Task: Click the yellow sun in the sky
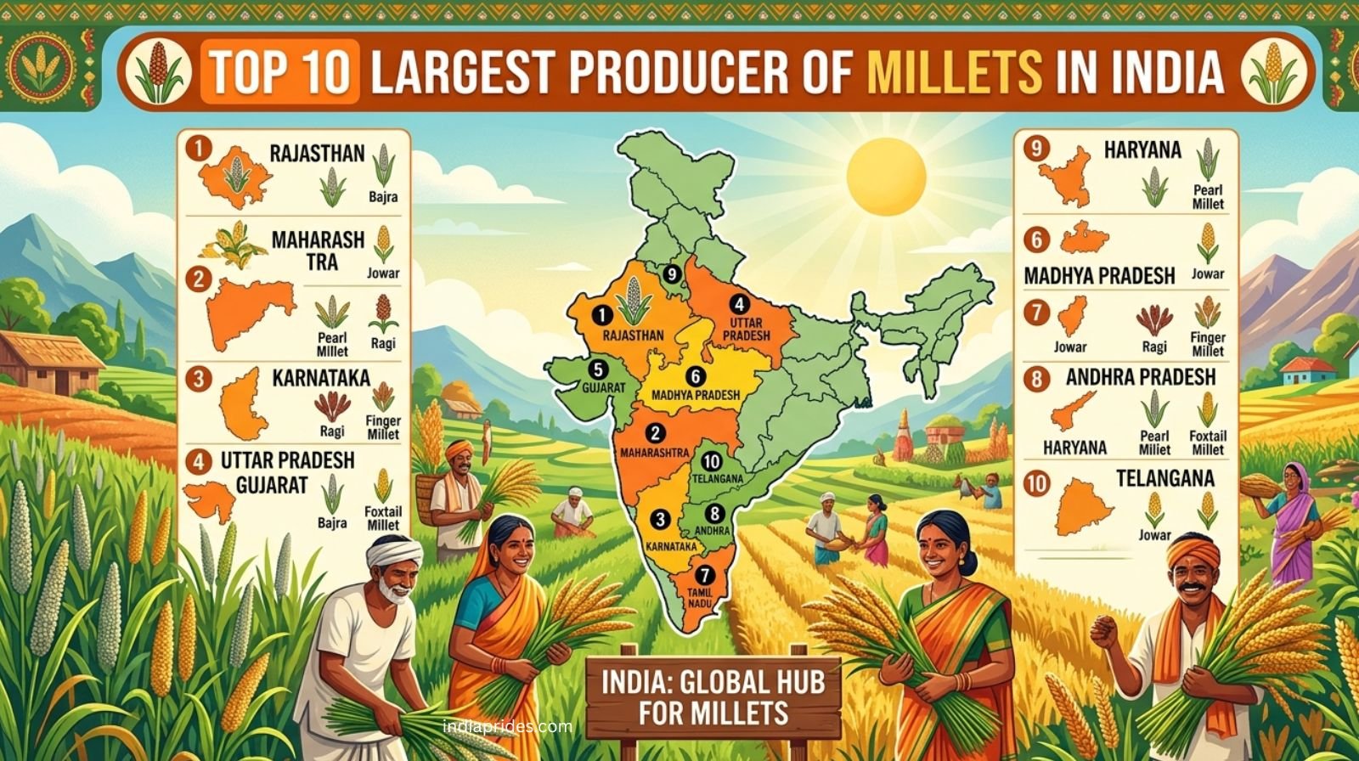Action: tap(885, 178)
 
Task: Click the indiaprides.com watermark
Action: tap(507, 727)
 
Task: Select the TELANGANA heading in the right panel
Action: tap(1164, 478)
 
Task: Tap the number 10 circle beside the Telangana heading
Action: tap(1037, 484)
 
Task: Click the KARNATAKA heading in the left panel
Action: tap(321, 377)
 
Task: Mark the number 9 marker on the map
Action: tap(672, 273)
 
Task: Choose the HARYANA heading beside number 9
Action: tap(1142, 150)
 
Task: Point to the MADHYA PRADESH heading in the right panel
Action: tap(1099, 276)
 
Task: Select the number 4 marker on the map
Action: tap(740, 303)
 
